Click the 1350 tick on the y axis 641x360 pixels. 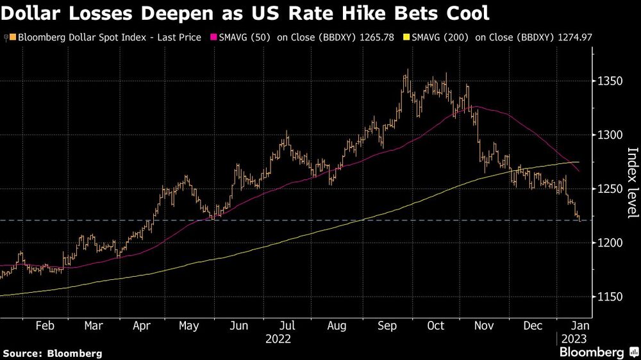[610, 81]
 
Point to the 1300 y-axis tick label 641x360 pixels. [610, 135]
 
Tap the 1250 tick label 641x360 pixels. [610, 189]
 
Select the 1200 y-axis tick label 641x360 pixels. [610, 243]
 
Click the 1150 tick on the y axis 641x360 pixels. [610, 297]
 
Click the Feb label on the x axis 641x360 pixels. [44, 325]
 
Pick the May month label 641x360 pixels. [189, 325]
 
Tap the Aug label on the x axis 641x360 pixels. [337, 325]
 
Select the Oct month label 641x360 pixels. [435, 325]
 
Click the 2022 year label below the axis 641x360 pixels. [279, 338]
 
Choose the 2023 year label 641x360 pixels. [573, 338]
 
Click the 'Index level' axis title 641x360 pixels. [632, 183]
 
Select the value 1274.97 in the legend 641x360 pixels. [574, 38]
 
